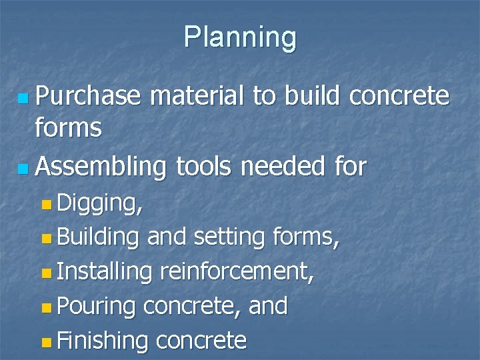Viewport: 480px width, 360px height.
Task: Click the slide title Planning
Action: (240, 38)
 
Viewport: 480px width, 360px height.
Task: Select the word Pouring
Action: (97, 307)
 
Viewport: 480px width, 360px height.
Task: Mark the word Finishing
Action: (102, 341)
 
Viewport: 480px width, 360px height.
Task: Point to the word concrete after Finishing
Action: (201, 341)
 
